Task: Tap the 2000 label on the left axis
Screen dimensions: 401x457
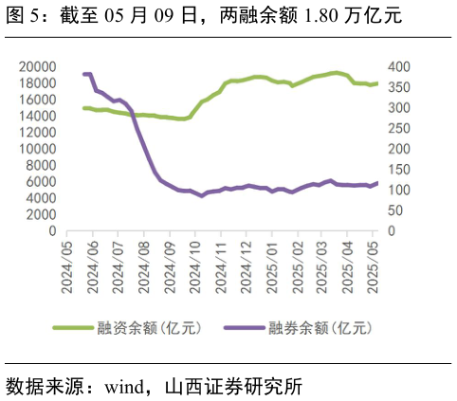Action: (x=42, y=214)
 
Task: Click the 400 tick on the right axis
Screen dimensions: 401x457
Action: (x=398, y=66)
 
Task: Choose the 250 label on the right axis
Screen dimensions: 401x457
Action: (x=398, y=128)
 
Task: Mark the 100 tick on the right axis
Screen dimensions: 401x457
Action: (x=398, y=190)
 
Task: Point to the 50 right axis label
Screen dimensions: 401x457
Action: (x=394, y=210)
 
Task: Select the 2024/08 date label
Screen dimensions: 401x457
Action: (x=145, y=268)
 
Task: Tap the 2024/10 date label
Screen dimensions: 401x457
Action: (x=195, y=268)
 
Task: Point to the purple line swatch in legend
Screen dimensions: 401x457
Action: (x=244, y=328)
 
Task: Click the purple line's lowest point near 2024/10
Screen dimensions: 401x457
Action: (x=201, y=195)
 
